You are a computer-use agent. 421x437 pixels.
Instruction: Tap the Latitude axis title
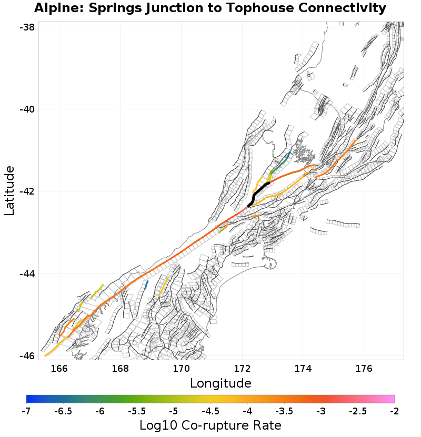pyautogui.click(x=9, y=190)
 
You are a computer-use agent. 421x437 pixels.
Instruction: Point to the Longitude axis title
pyautogui.click(x=220, y=382)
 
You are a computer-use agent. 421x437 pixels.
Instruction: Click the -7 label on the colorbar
pyautogui.click(x=26, y=410)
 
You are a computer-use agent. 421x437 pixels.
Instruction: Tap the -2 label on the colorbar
pyautogui.click(x=395, y=410)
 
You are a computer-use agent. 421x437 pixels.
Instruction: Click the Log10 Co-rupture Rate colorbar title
pyautogui.click(x=210, y=425)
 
